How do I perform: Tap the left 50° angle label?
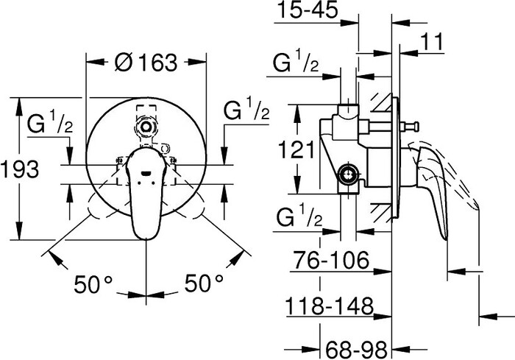pos(93,283)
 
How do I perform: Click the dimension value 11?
pos(436,43)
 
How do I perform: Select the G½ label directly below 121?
pos(296,219)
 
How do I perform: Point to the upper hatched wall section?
pos(382,99)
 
